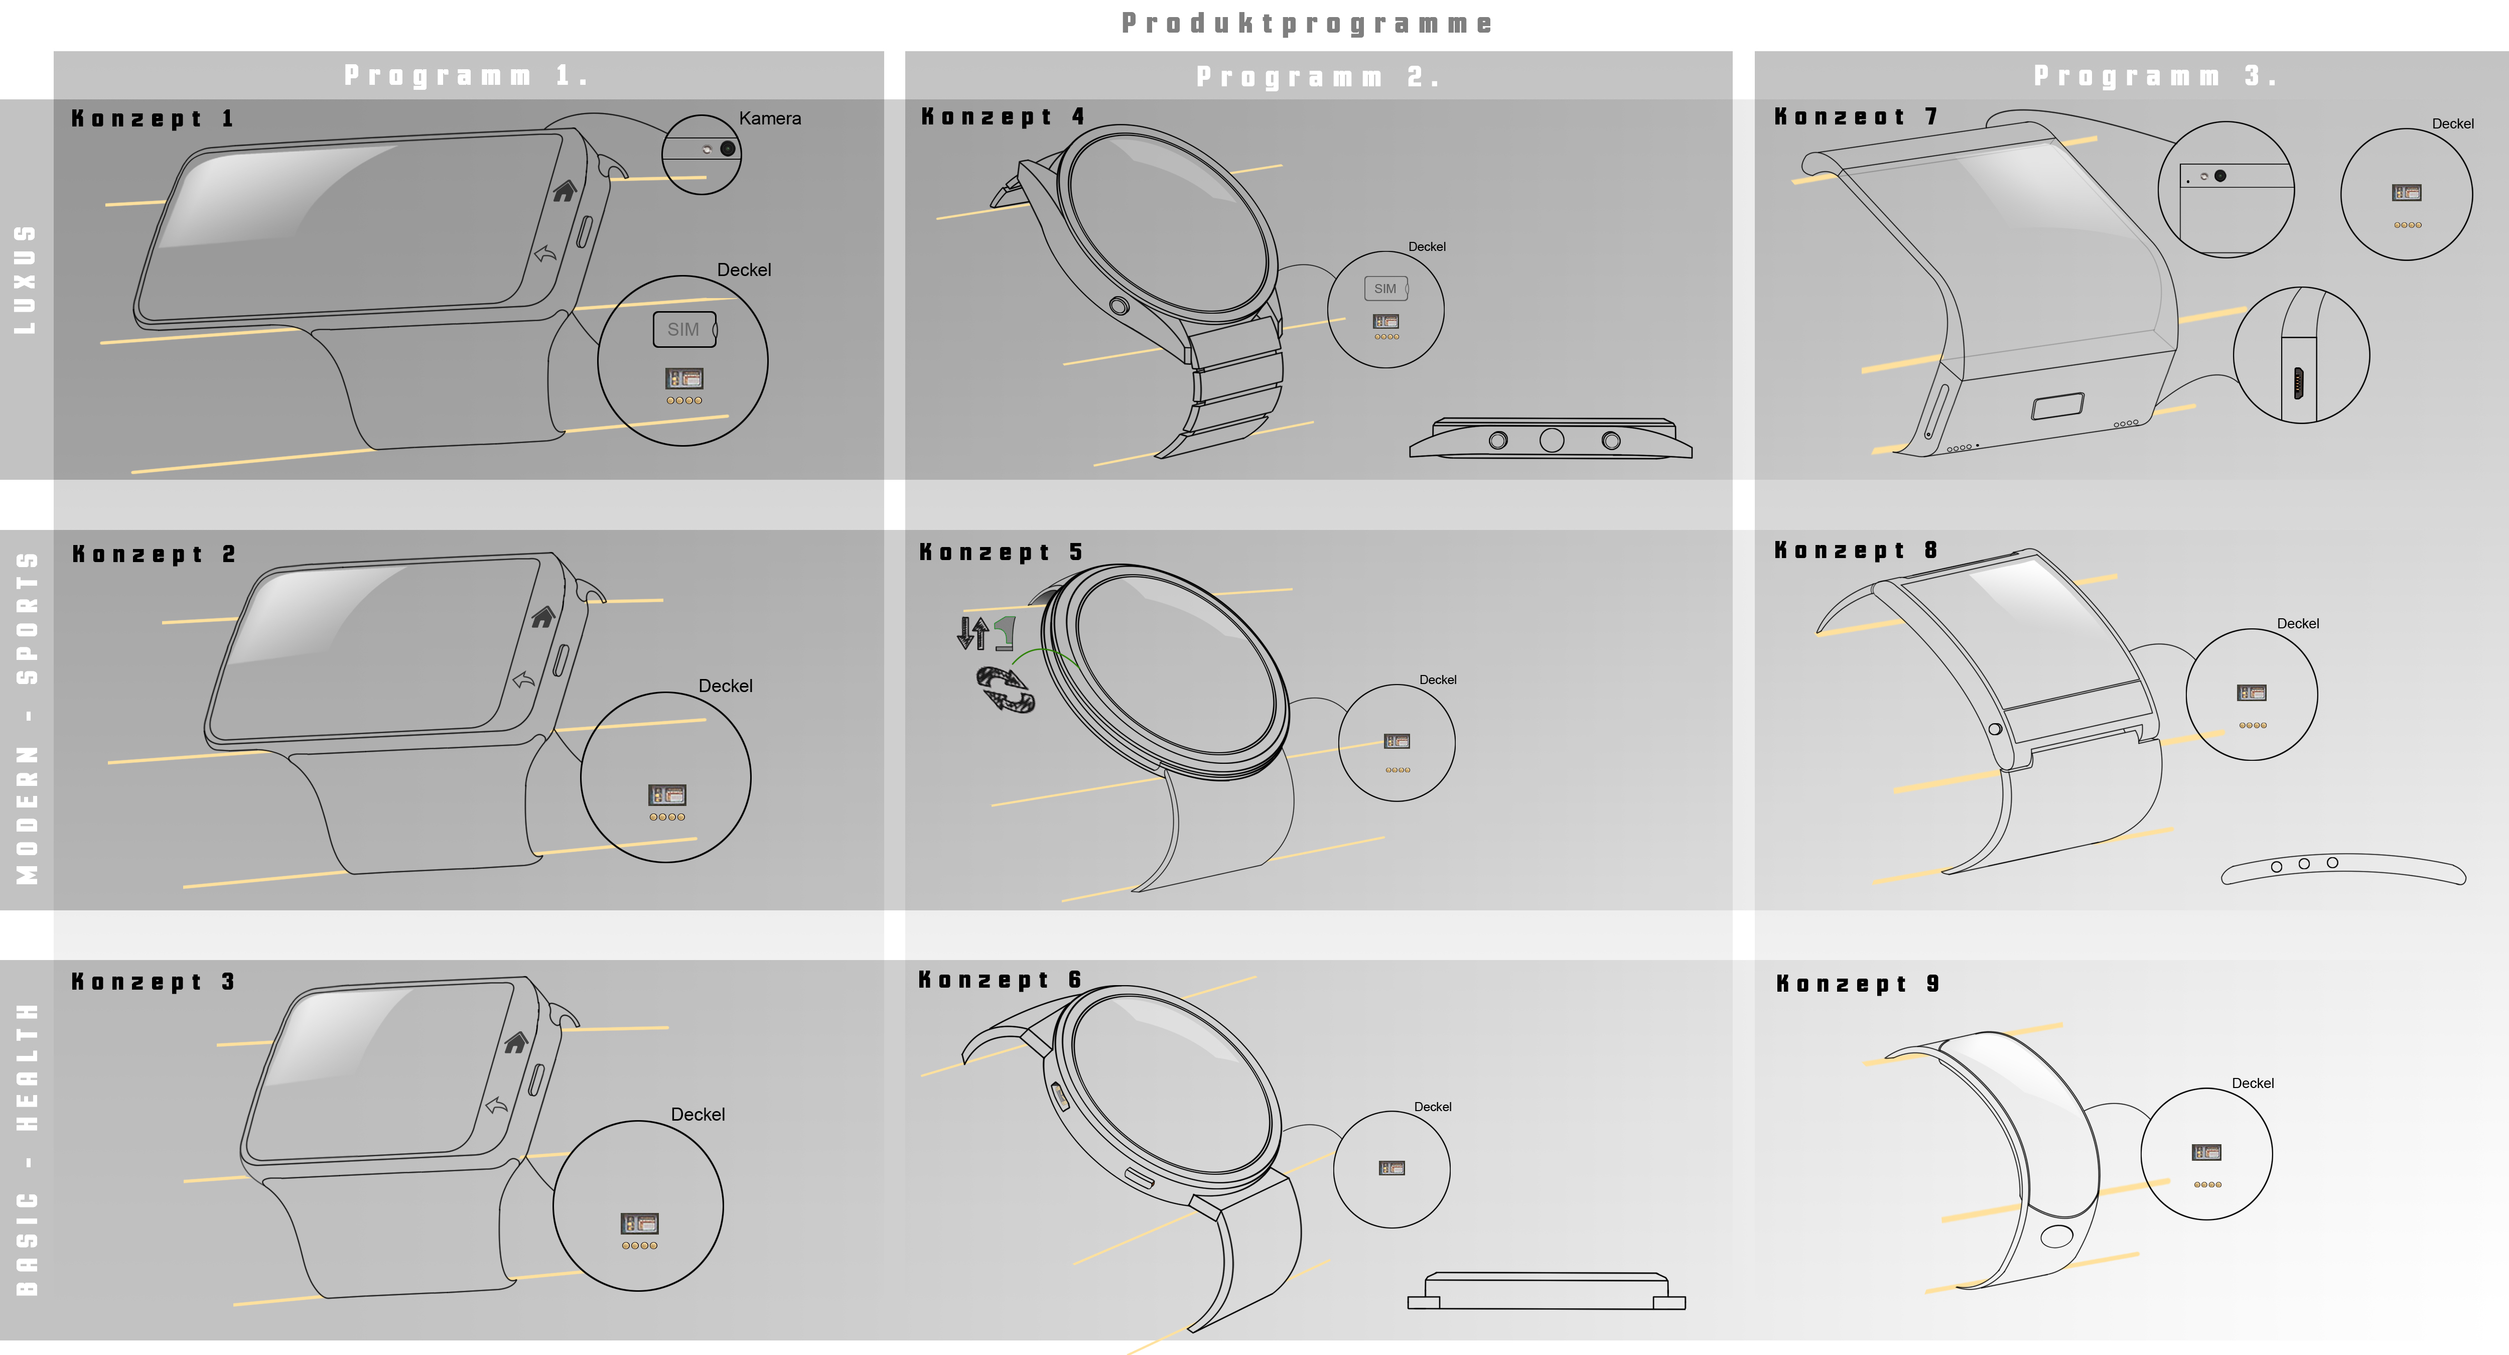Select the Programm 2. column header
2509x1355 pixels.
1318,76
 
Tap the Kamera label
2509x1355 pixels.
769,118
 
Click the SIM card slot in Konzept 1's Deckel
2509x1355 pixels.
684,329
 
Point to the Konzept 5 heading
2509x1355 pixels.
1001,553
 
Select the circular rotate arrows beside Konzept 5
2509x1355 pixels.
1005,689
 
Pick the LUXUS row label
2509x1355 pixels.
25,280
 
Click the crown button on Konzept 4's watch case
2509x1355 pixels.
1119,306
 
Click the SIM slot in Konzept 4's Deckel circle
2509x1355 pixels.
1385,289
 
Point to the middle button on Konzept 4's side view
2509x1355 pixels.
1552,440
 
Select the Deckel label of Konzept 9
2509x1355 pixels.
2253,1083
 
